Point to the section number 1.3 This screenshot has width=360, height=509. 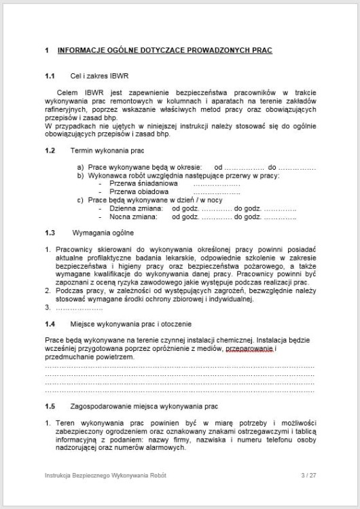pos(49,233)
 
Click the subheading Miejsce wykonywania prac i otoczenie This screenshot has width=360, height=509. pos(131,324)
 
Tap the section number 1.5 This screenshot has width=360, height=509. pos(49,407)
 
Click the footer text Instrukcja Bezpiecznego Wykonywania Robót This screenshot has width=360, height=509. pos(105,475)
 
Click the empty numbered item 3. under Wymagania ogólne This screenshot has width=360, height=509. pos(48,307)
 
